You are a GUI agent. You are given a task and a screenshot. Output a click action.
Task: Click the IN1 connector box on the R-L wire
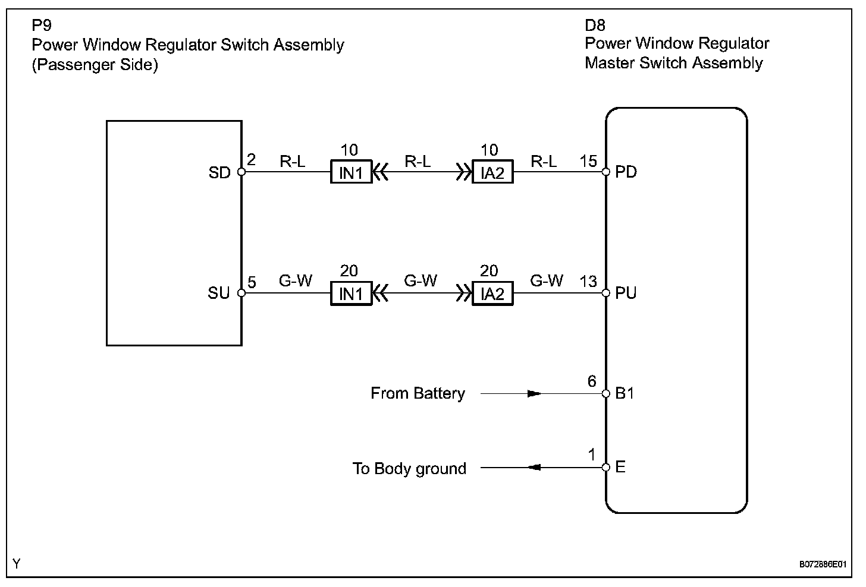[x=351, y=172]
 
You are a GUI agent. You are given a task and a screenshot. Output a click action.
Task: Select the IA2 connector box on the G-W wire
[x=492, y=293]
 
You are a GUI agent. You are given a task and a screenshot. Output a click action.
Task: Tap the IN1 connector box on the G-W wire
[x=351, y=293]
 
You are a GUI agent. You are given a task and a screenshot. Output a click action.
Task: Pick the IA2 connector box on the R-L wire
[x=492, y=172]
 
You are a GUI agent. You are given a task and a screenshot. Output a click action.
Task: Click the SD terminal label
[x=219, y=173]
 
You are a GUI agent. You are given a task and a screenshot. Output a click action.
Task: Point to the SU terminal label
[x=219, y=293]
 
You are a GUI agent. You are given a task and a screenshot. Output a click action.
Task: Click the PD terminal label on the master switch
[x=626, y=172]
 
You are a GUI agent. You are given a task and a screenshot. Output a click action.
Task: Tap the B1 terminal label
[x=625, y=393]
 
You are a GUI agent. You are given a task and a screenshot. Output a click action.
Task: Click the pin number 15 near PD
[x=588, y=161]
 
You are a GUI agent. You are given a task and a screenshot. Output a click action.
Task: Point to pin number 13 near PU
[x=588, y=282]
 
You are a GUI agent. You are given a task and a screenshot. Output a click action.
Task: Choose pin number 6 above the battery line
[x=592, y=381]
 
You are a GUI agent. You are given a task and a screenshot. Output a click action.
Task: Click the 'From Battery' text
[x=418, y=393]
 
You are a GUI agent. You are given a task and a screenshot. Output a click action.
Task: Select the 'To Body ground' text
[x=409, y=469]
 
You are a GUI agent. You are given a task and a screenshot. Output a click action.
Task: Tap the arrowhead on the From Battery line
[x=534, y=393]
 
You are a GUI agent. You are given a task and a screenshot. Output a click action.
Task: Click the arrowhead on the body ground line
[x=534, y=468]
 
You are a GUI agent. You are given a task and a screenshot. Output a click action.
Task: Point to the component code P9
[x=42, y=26]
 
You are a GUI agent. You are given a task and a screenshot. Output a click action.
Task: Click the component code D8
[x=595, y=26]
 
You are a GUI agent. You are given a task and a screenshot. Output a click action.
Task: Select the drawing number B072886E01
[x=823, y=564]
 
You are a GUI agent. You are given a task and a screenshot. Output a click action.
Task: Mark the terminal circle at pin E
[x=606, y=468]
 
